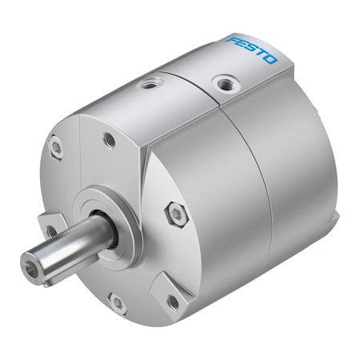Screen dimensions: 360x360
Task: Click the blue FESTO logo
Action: click(252, 50)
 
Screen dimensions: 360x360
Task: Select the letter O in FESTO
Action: click(270, 60)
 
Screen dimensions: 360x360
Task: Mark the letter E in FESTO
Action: click(242, 46)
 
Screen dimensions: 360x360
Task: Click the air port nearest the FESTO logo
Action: click(226, 84)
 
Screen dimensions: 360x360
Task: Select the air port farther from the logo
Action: click(149, 85)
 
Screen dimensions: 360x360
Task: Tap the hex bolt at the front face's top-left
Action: click(57, 147)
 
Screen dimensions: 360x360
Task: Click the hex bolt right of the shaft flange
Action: click(177, 214)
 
